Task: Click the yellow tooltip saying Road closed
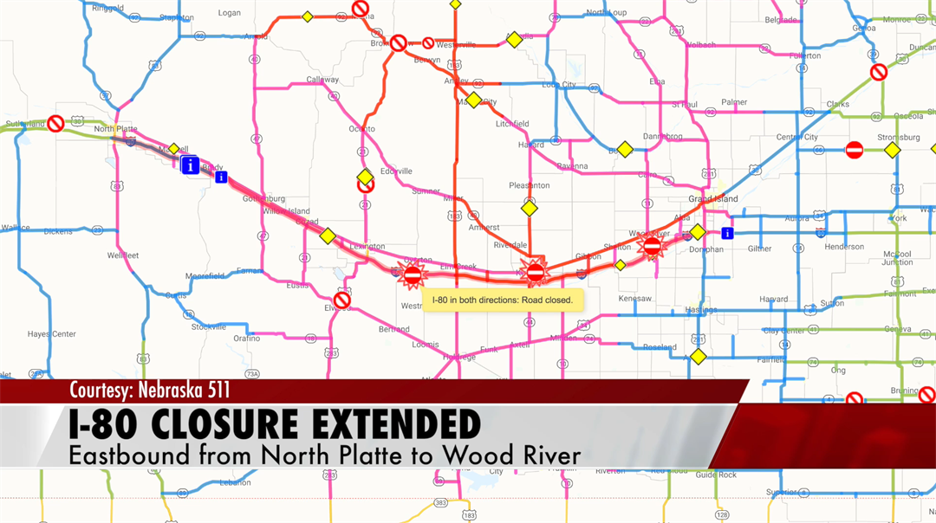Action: pos(503,300)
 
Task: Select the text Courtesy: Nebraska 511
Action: pos(149,390)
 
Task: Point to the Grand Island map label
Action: pos(713,199)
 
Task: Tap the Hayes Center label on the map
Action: pos(51,334)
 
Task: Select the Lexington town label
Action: pos(367,247)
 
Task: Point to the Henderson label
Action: pos(844,247)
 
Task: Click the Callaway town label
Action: pos(322,80)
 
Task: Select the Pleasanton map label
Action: pos(530,185)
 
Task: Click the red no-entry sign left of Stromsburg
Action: pos(855,150)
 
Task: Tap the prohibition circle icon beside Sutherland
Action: pos(55,124)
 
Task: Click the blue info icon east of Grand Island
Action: pos(727,233)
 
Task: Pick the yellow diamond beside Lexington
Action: pos(327,236)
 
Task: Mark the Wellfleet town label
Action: pos(123,255)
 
